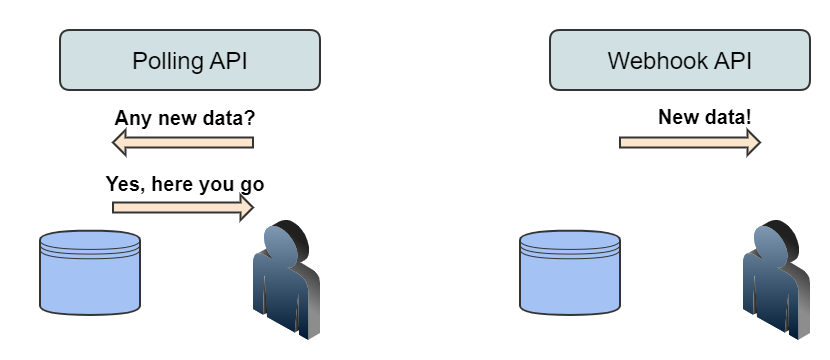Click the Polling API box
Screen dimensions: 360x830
click(190, 60)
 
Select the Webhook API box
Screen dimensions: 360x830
click(680, 60)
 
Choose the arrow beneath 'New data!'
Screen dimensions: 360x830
click(690, 143)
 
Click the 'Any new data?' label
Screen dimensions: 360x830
click(185, 118)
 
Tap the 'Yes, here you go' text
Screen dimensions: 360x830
click(185, 184)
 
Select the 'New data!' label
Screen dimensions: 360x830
click(705, 118)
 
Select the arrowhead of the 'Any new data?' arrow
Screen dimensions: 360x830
click(119, 144)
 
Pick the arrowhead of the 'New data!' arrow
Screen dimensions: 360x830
click(753, 143)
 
